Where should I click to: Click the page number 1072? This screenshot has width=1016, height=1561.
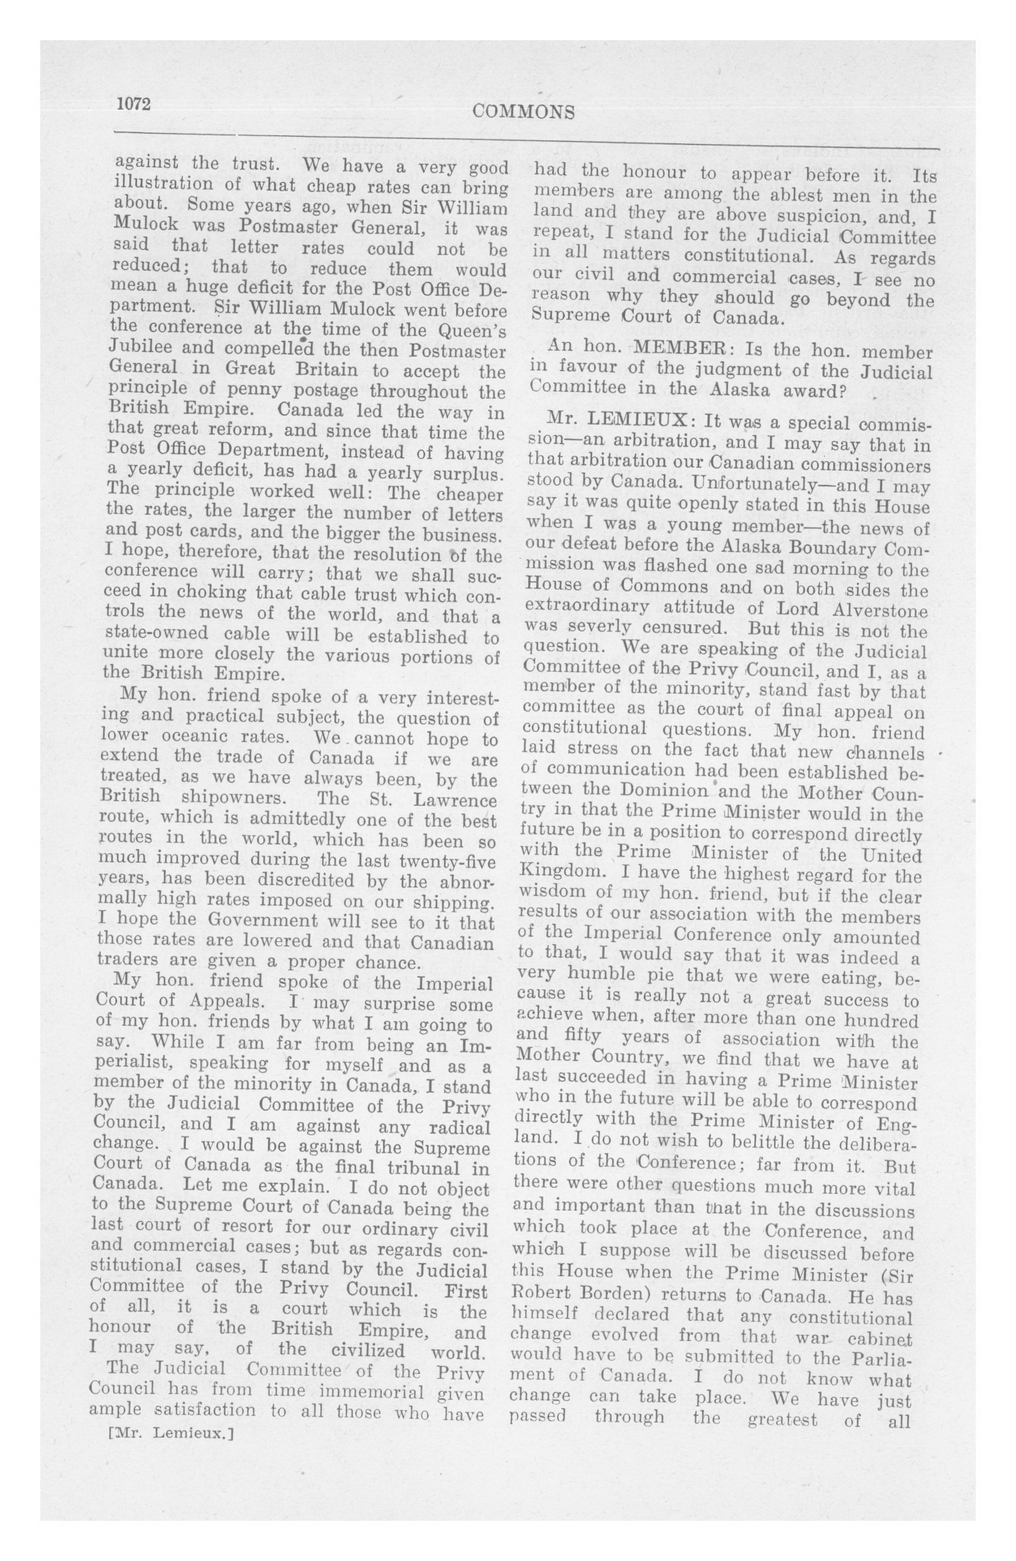click(134, 104)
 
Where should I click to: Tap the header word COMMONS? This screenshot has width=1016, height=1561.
click(523, 112)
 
